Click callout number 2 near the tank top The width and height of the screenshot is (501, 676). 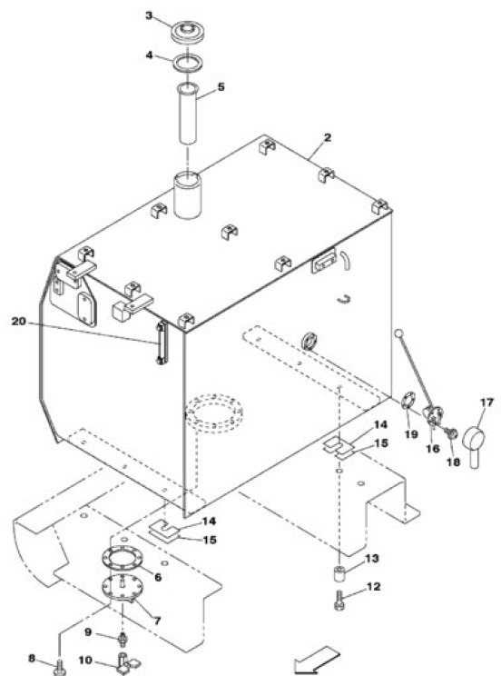pos(328,138)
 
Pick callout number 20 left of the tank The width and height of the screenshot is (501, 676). pos(19,321)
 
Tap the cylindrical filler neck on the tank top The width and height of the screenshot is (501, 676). pos(188,195)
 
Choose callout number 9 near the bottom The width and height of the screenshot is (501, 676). pos(88,631)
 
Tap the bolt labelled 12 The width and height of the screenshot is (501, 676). pos(339,600)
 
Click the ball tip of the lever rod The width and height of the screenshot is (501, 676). pos(398,334)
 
